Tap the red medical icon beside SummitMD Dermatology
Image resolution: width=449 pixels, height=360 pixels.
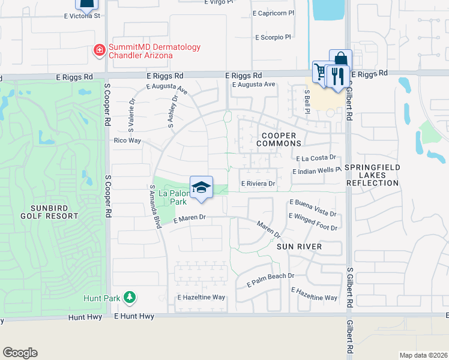click(99, 51)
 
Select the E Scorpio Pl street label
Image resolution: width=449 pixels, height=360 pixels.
click(273, 37)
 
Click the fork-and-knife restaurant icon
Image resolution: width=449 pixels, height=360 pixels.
click(339, 76)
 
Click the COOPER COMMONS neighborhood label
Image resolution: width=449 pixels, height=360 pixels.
click(279, 140)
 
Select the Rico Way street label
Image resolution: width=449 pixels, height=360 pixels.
click(127, 140)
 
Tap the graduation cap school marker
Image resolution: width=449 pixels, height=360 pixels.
click(202, 188)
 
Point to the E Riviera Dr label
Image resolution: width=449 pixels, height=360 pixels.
click(258, 184)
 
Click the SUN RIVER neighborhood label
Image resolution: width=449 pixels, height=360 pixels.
click(299, 247)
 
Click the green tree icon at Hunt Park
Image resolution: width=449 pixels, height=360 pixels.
click(129, 297)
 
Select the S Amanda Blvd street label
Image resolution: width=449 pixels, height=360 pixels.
click(157, 207)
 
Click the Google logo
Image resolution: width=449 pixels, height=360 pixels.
click(20, 353)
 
